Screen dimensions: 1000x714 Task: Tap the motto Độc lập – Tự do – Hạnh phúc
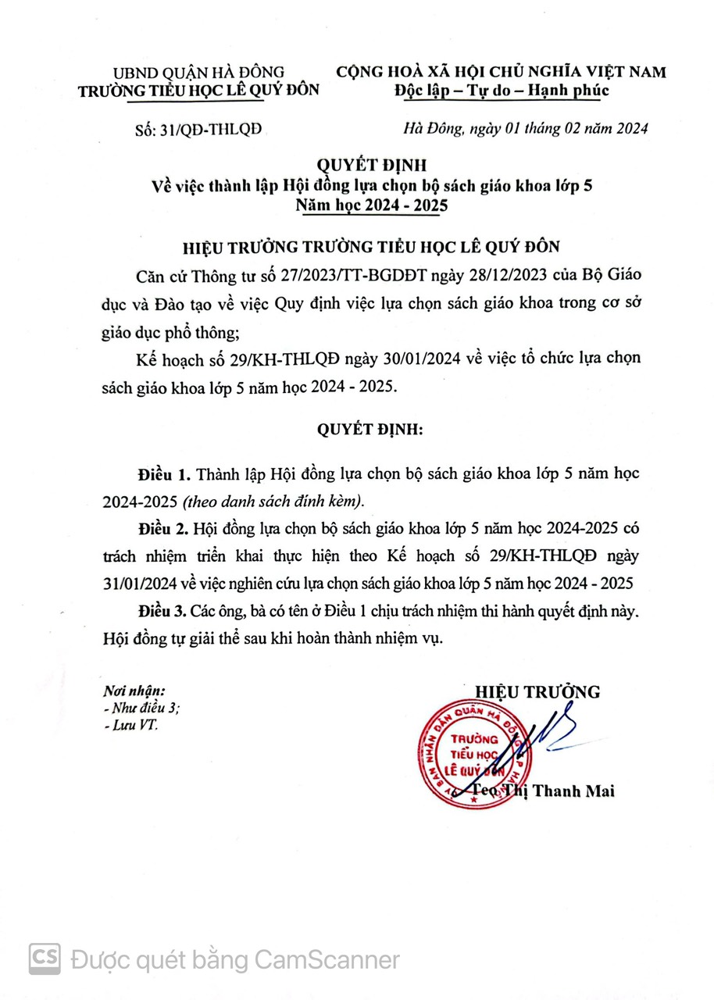(x=501, y=91)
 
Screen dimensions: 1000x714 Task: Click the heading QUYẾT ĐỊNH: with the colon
(x=370, y=430)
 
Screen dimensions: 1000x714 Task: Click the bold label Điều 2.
(x=164, y=530)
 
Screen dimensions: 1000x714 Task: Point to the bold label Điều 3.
(x=164, y=609)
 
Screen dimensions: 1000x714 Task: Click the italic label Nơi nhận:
(x=134, y=692)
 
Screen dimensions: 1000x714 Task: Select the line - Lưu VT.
(x=130, y=726)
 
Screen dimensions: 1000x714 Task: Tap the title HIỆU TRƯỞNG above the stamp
(x=538, y=691)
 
